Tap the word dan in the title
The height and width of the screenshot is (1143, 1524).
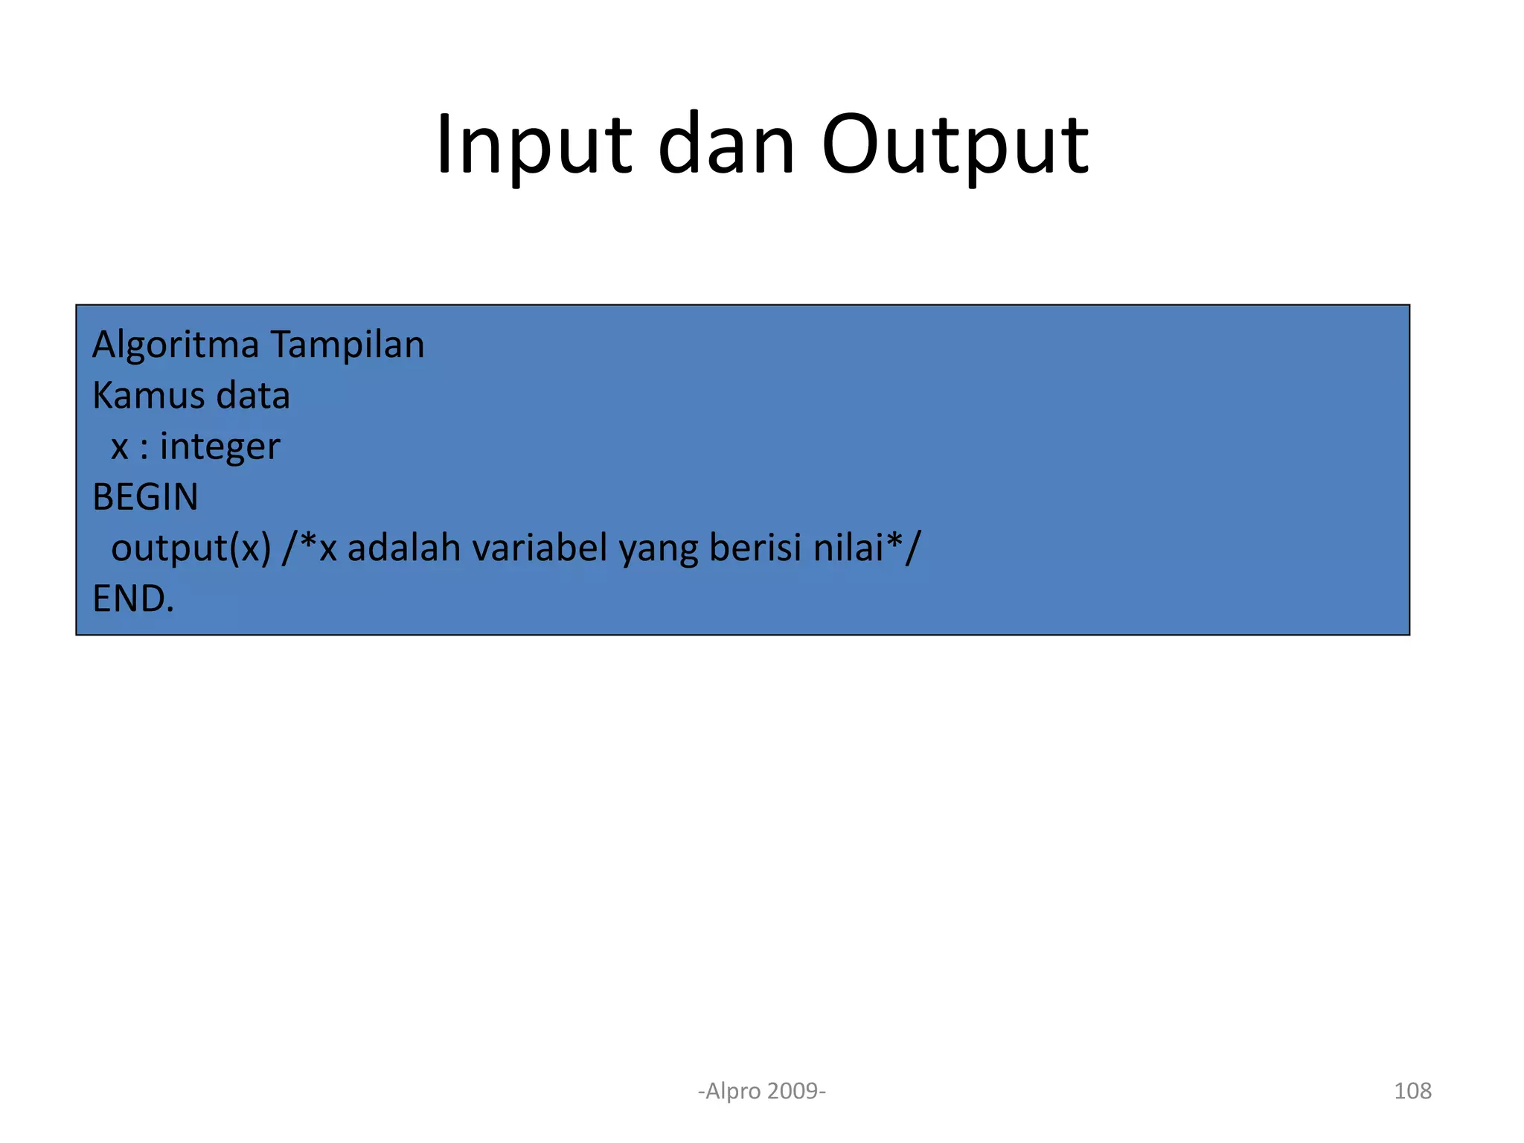click(726, 145)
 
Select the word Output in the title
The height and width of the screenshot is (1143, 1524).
click(955, 145)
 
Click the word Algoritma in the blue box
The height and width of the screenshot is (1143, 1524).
click(176, 345)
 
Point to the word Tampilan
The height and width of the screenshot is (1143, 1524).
click(347, 345)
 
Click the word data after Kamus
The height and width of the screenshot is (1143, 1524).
click(252, 395)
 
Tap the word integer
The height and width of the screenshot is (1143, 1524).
click(220, 447)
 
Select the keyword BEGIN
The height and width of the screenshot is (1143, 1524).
click(145, 497)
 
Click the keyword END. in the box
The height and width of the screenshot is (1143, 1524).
click(133, 598)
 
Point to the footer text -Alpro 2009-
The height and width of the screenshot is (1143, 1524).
click(762, 1091)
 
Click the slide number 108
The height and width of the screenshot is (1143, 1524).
click(1412, 1091)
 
